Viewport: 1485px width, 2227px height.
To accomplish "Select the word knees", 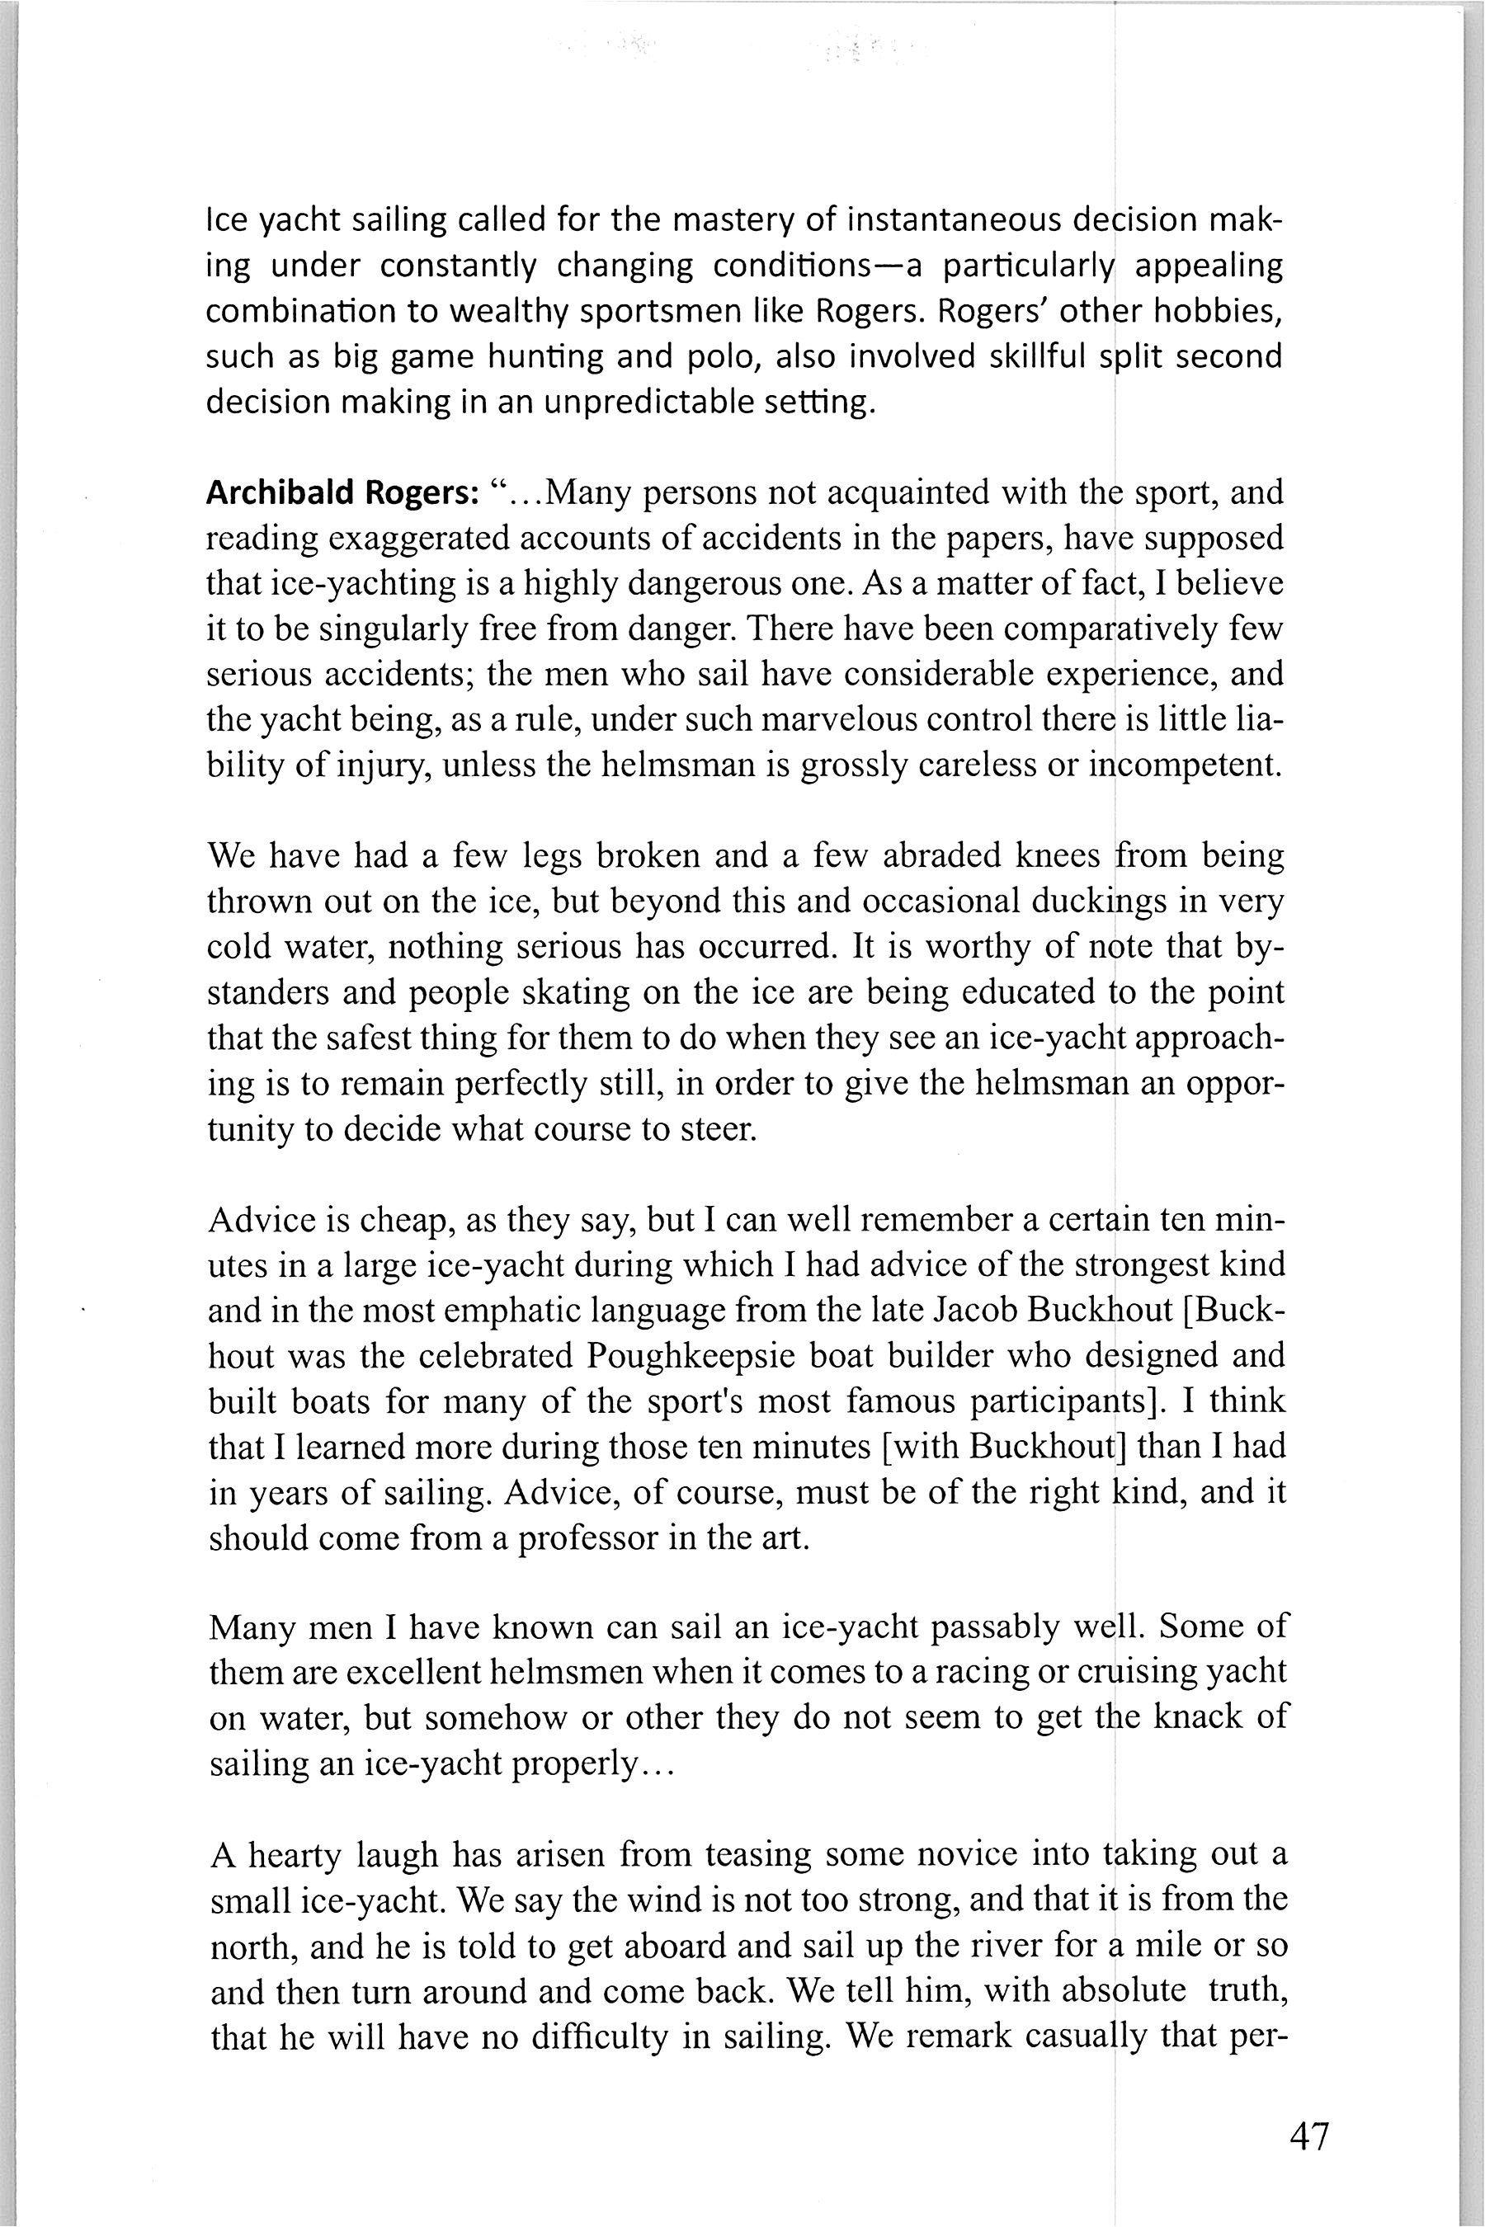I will (x=1058, y=856).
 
